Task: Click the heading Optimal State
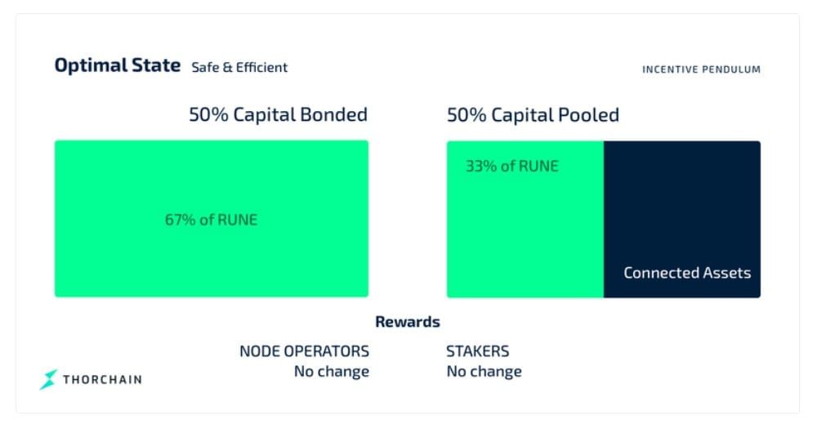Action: click(117, 65)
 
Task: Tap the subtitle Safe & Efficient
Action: click(239, 67)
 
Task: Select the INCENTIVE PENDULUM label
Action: click(701, 69)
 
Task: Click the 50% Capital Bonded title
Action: click(279, 114)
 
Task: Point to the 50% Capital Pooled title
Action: click(533, 114)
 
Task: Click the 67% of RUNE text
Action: click(211, 220)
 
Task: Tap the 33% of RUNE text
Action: click(511, 166)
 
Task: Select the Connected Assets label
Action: click(687, 273)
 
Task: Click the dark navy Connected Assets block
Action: click(682, 219)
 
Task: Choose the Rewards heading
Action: click(408, 322)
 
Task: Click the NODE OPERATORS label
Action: click(304, 351)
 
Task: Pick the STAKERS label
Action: click(478, 351)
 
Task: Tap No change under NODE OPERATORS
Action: click(332, 371)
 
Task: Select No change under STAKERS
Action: click(484, 371)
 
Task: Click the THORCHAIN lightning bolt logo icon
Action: click(48, 379)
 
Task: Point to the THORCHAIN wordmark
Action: click(102, 379)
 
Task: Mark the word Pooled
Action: click(589, 114)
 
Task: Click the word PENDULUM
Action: click(734, 69)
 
